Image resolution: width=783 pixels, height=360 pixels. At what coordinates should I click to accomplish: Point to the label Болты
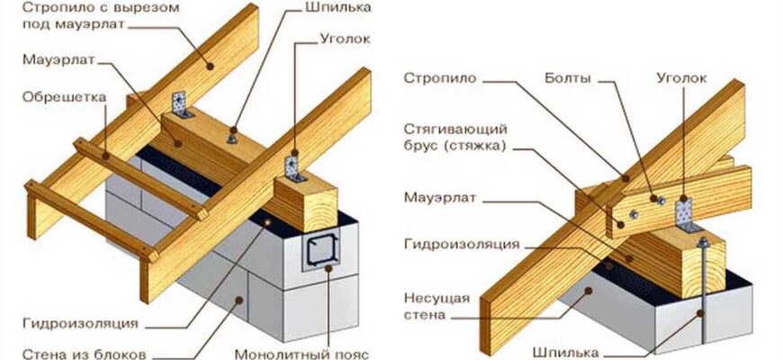click(x=569, y=78)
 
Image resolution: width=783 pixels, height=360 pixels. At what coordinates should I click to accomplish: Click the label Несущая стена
click(x=431, y=306)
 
